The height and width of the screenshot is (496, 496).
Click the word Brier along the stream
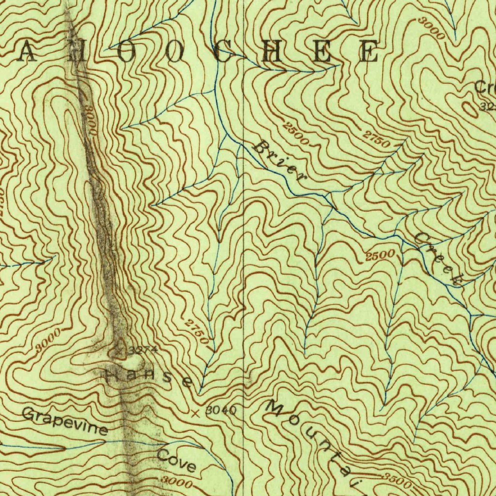point(279,161)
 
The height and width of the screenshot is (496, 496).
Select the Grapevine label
point(64,421)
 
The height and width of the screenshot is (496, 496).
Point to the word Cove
point(176,461)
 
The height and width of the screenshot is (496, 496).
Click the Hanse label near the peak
point(149,376)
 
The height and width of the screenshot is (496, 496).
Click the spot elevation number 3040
point(221,411)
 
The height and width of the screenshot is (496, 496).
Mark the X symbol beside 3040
point(196,413)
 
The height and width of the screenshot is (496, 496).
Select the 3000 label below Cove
point(176,481)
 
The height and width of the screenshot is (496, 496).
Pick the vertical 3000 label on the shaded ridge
point(90,119)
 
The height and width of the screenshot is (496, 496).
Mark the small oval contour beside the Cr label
point(470,109)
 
